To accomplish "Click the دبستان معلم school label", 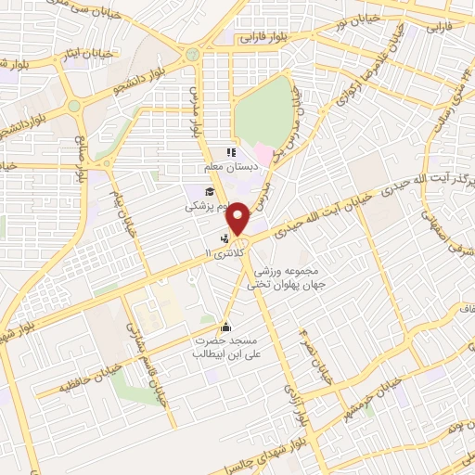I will pos(226,170).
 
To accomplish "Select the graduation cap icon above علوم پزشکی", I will pos(211,191).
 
